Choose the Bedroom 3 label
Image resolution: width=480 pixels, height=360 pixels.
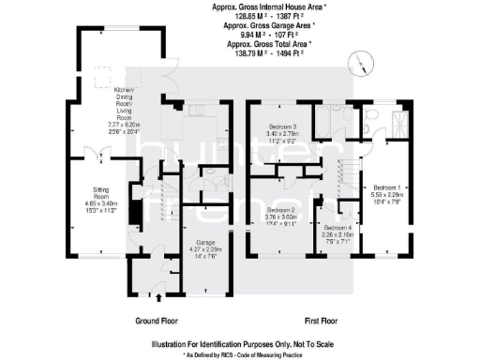tap(282, 127)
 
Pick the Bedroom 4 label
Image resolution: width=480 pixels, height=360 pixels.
tap(337, 227)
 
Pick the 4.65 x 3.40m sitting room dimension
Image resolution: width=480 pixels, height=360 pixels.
tap(97, 203)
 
